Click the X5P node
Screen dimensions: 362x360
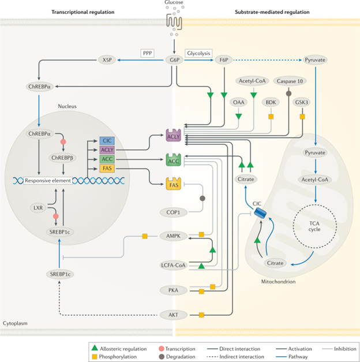point(106,59)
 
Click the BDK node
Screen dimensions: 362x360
point(269,102)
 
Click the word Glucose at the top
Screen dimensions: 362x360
point(174,4)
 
